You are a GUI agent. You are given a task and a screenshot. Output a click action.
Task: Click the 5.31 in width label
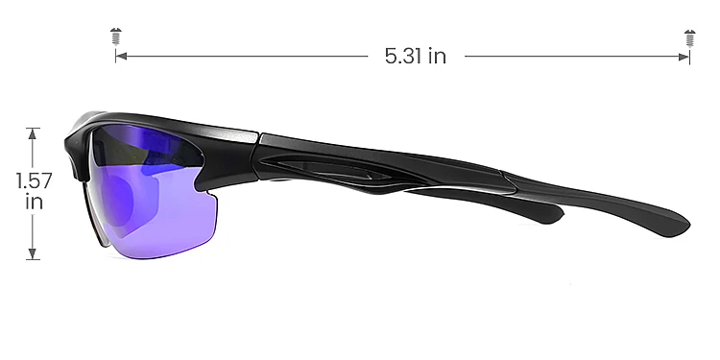pyautogui.click(x=415, y=56)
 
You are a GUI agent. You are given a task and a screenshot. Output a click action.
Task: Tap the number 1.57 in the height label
pyautogui.click(x=33, y=180)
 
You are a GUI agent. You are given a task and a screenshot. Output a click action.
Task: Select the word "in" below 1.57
pyautogui.click(x=34, y=203)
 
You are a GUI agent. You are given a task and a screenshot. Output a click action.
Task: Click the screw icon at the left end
pyautogui.click(x=115, y=37)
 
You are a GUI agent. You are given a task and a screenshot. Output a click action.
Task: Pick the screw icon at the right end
pyautogui.click(x=689, y=37)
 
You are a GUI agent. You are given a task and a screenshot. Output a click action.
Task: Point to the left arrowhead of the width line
pyautogui.click(x=120, y=57)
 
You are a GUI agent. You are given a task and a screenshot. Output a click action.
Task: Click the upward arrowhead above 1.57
pyautogui.click(x=34, y=132)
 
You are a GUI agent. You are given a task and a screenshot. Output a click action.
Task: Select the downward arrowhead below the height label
pyautogui.click(x=34, y=254)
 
